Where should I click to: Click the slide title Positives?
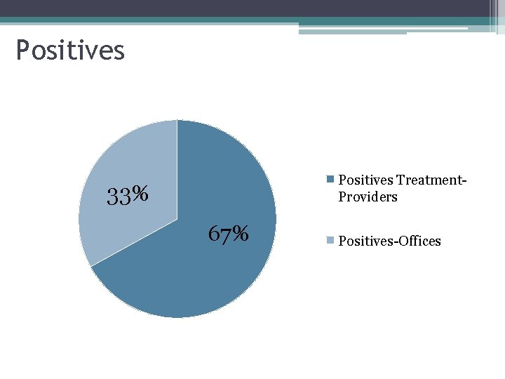click(70, 51)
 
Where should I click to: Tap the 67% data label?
click(228, 233)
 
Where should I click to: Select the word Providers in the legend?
click(368, 197)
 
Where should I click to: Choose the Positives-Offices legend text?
click(389, 241)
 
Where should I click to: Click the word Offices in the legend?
click(419, 241)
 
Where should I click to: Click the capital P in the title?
click(23, 51)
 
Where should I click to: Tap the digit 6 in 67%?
click(215, 233)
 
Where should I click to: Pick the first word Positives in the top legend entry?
click(365, 180)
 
